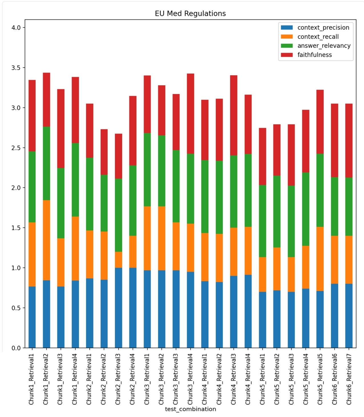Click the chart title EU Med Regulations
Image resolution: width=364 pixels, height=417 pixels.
coord(190,13)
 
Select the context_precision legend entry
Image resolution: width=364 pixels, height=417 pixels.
coord(323,28)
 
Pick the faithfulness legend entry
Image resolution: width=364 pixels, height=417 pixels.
coord(314,55)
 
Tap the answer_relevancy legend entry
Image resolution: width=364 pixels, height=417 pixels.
coord(324,46)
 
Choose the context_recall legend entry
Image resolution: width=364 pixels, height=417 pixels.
coord(318,37)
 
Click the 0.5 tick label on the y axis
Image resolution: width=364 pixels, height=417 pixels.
coord(16,308)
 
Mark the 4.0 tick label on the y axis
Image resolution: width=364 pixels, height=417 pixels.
coord(16,28)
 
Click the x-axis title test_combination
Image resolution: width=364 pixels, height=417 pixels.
coord(190,409)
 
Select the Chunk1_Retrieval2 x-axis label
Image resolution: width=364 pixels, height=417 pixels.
coord(46,379)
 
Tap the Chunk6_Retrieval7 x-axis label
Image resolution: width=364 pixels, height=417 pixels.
coord(349,379)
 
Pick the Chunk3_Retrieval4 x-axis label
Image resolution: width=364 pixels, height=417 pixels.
coord(190,379)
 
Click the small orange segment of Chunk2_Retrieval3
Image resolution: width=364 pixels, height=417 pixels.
coord(118,260)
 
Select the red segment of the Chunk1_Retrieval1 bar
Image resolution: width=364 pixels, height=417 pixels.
coord(32,116)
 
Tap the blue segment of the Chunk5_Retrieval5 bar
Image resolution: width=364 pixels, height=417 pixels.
coord(320,319)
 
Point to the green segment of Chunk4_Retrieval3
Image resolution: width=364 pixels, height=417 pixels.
coord(234,191)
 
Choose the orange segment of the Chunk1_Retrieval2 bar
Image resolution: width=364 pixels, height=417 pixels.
coord(46,240)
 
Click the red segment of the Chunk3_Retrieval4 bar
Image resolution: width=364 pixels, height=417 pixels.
coord(190,114)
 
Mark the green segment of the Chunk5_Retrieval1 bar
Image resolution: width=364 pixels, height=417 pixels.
coord(262,221)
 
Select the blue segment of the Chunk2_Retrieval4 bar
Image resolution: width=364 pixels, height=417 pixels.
coord(133,308)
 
